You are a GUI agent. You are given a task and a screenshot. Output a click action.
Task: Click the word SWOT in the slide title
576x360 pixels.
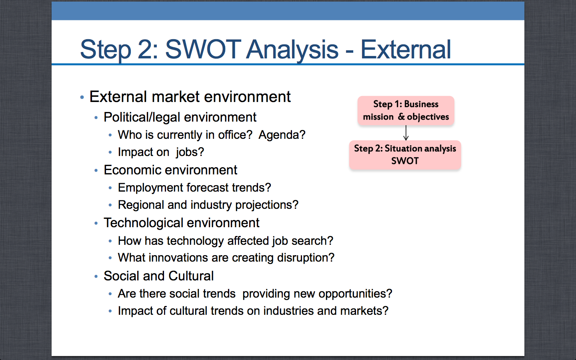203,49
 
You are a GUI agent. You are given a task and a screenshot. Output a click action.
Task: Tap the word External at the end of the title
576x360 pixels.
406,49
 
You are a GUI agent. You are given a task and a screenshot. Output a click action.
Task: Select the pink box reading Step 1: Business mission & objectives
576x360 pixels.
406,110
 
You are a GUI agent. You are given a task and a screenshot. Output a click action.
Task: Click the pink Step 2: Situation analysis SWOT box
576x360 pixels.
405,155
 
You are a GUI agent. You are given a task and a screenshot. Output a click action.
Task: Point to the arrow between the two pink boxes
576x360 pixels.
406,133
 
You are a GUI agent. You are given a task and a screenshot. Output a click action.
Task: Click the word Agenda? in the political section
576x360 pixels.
282,135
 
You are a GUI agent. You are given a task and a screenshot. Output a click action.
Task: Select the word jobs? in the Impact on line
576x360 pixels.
190,152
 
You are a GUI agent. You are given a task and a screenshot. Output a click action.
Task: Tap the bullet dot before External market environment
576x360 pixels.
82,97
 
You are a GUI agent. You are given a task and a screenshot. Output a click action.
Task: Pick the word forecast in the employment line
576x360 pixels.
208,188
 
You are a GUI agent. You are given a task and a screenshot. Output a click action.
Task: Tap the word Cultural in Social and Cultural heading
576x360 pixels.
191,276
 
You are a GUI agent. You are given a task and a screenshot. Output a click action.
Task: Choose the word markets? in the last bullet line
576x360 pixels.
364,311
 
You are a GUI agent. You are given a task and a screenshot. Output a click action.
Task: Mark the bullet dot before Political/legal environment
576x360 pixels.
96,118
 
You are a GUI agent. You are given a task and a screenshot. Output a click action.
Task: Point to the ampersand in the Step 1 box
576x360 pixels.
402,117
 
